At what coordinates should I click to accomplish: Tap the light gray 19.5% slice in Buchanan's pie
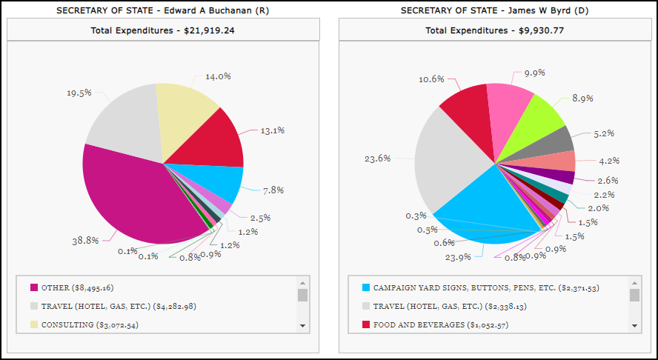[x=126, y=122]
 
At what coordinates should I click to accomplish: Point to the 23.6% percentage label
[x=378, y=158]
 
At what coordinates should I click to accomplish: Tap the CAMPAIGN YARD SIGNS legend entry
[x=465, y=287]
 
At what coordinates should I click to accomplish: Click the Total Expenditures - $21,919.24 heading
[x=163, y=31]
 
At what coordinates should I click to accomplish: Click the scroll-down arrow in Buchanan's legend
[x=302, y=325]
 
